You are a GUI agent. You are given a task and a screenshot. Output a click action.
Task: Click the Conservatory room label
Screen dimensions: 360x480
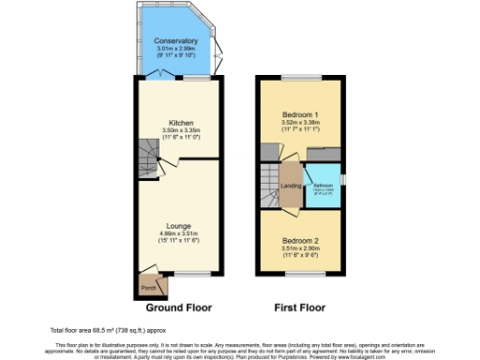[x=176, y=41]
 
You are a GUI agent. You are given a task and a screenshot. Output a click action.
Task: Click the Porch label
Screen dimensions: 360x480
[x=147, y=288]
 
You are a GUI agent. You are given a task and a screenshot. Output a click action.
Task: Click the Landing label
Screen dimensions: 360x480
[x=291, y=185]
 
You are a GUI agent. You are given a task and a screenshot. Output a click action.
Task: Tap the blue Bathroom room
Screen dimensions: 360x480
[x=323, y=187]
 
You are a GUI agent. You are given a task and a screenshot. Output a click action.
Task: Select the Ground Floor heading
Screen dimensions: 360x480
[x=178, y=307]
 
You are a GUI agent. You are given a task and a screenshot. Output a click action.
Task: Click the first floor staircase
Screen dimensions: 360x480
[x=270, y=178]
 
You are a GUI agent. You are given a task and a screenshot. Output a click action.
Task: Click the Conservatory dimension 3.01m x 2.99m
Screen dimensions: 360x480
[x=176, y=50]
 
